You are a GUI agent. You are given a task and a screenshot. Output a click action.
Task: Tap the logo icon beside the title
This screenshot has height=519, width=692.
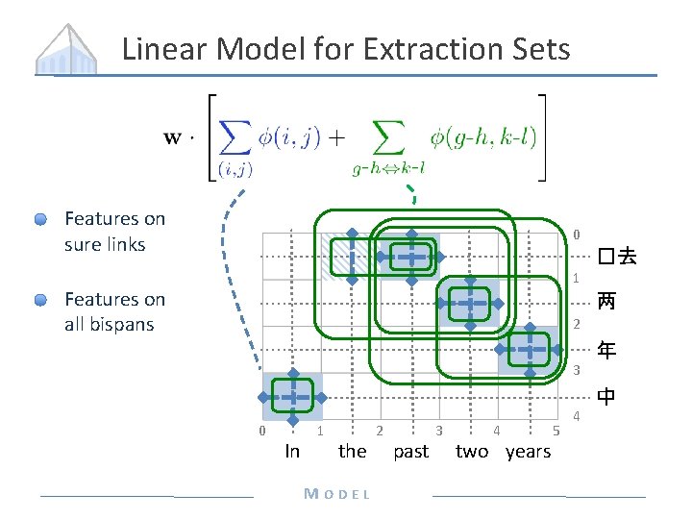(x=67, y=47)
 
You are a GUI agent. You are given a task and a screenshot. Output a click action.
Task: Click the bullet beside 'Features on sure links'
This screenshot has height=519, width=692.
(x=40, y=220)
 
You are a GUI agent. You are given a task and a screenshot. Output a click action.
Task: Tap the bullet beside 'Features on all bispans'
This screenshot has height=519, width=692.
(x=40, y=300)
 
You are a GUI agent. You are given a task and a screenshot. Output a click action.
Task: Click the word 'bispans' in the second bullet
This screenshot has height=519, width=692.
(x=122, y=324)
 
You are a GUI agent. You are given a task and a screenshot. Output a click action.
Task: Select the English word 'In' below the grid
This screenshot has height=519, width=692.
(x=292, y=452)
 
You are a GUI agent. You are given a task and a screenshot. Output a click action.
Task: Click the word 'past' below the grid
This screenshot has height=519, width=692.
(x=411, y=452)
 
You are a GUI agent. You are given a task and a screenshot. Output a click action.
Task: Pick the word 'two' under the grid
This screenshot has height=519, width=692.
(x=472, y=452)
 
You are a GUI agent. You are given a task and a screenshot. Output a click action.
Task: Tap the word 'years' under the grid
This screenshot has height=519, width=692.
(x=529, y=452)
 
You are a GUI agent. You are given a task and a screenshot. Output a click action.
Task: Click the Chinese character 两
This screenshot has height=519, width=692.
(x=606, y=301)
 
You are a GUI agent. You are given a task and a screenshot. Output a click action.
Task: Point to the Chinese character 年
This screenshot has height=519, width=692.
(x=606, y=350)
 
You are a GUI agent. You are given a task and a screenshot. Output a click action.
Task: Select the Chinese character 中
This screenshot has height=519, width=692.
(x=606, y=395)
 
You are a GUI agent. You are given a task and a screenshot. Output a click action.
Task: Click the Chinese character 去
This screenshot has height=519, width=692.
(x=628, y=257)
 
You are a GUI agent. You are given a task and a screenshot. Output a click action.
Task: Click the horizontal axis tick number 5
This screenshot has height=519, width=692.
(x=556, y=430)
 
